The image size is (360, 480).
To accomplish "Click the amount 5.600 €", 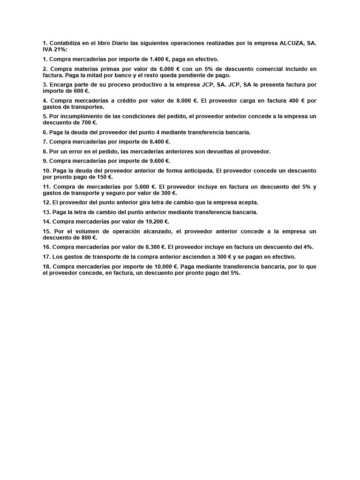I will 142,187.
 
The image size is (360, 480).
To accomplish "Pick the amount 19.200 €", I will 157,221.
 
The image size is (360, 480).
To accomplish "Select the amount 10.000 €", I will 164,266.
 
